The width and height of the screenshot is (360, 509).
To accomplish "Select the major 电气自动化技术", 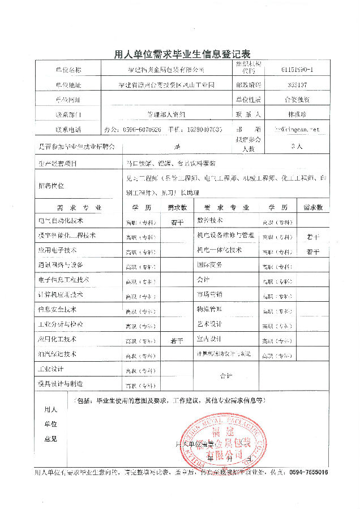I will point(61,220).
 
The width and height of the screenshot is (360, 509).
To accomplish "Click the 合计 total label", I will point(226,375).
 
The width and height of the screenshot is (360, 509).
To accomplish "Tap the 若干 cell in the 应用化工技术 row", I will point(177,341).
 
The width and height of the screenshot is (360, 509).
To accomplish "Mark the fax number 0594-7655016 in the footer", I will point(308,472).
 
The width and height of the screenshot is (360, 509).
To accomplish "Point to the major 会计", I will point(203,280).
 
